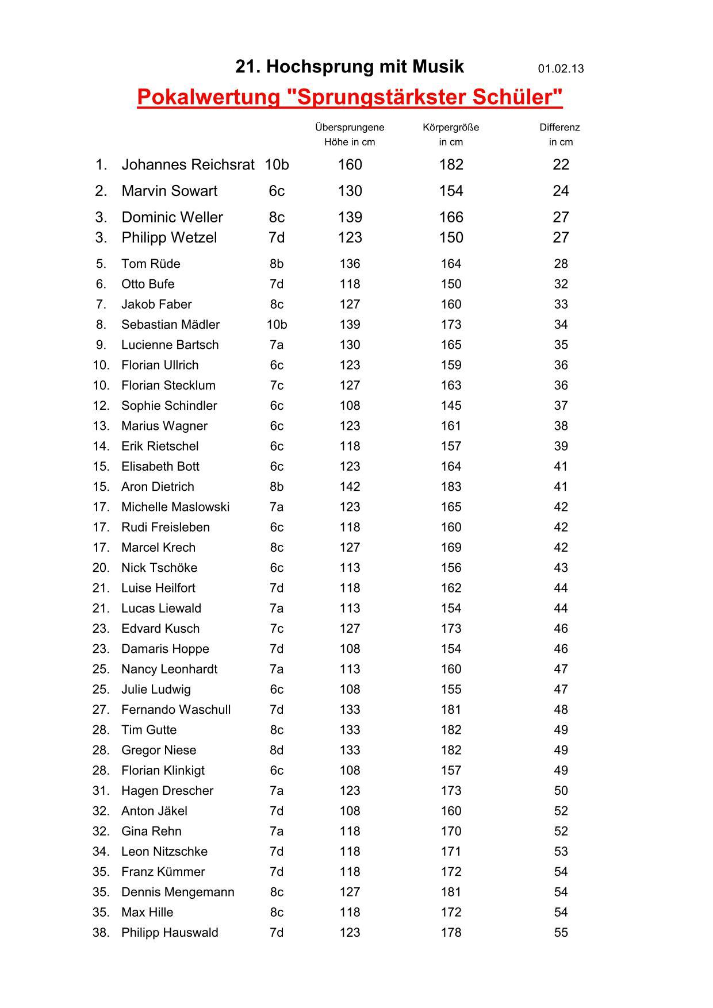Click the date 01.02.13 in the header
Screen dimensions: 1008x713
click(x=561, y=69)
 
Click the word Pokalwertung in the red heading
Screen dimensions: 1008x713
click(x=208, y=97)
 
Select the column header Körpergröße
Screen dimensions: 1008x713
click(x=451, y=128)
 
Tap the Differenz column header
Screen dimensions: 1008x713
click(x=559, y=128)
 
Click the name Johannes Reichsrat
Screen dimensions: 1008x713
click(x=187, y=165)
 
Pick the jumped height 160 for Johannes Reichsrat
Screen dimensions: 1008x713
click(x=350, y=165)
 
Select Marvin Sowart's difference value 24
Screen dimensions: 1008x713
click(x=561, y=191)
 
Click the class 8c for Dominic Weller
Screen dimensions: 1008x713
click(x=277, y=217)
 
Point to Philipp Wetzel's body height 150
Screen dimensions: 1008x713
click(x=451, y=237)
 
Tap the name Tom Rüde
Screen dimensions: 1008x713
click(x=151, y=264)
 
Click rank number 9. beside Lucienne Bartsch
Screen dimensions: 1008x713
click(x=101, y=345)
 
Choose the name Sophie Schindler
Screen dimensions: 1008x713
click(x=169, y=406)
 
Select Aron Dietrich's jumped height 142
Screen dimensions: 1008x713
click(x=350, y=487)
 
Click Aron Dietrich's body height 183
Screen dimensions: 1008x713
click(x=451, y=487)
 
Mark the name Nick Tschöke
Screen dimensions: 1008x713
click(x=159, y=568)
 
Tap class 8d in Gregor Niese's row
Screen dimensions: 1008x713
click(x=277, y=750)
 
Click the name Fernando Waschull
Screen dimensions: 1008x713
click(x=176, y=710)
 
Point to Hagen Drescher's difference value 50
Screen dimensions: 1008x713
click(x=561, y=791)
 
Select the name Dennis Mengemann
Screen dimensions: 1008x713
click(x=178, y=892)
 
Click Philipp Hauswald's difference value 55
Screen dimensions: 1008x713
click(x=561, y=933)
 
